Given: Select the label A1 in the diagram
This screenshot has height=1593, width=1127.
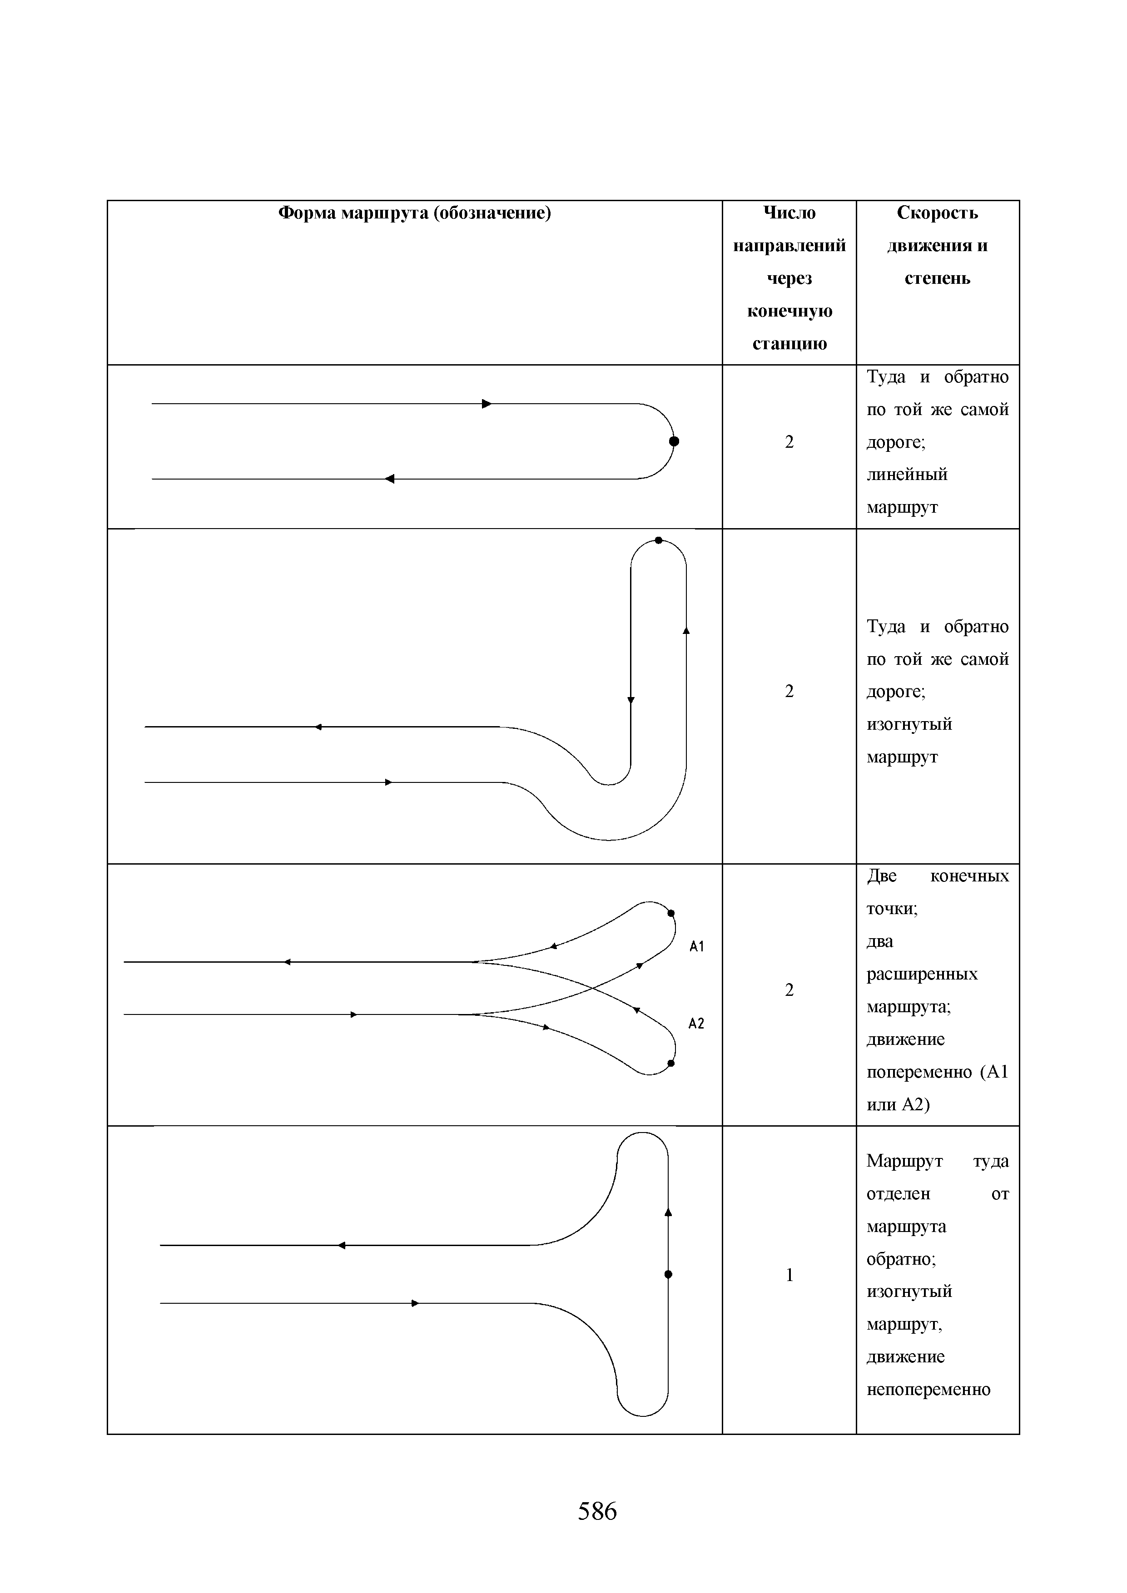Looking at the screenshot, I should point(697,946).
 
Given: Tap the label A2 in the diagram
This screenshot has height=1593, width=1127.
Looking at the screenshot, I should point(696,1024).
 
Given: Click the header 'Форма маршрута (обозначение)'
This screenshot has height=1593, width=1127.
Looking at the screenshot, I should point(414,213).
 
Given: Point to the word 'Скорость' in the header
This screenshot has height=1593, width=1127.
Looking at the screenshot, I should point(937,213).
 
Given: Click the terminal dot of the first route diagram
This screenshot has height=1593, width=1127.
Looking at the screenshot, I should point(674,441).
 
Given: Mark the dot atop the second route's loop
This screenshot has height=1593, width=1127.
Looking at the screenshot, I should point(659,540).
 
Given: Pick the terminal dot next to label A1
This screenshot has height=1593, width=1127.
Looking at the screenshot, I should point(671,914).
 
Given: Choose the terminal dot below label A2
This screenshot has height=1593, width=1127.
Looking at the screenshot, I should point(671,1063).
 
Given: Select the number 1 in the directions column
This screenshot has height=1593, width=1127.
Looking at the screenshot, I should point(789,1275).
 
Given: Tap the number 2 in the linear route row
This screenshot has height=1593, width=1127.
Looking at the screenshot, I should point(789,442).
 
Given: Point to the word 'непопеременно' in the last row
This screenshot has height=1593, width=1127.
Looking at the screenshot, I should point(928,1390).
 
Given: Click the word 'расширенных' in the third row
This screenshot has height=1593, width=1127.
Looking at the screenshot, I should point(922,974).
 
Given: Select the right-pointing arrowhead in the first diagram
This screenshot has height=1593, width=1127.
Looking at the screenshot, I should point(487,404).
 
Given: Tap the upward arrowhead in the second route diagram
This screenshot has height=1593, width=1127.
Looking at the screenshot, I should point(686,631).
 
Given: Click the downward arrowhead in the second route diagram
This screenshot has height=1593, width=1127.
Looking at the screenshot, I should point(631,700).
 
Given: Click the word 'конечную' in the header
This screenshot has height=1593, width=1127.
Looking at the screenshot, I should point(789,311).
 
